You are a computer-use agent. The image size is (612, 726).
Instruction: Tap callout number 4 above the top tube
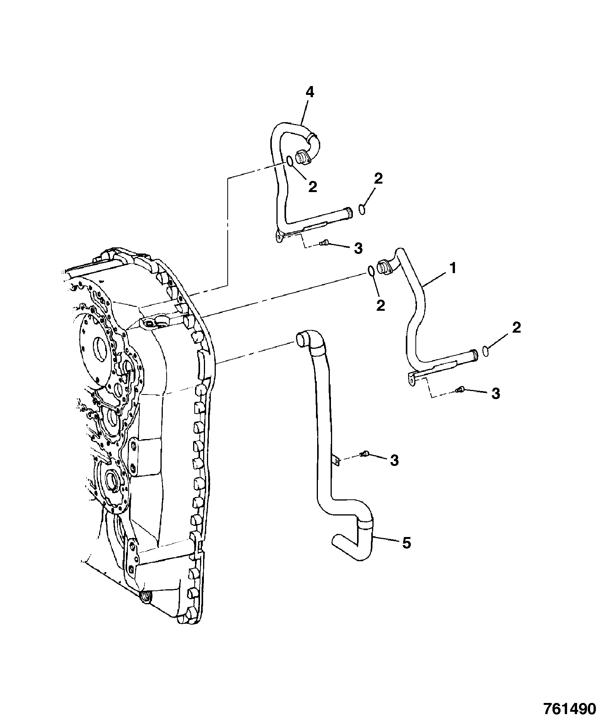pos(309,93)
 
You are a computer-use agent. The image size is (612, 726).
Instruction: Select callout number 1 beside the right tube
pos(453,268)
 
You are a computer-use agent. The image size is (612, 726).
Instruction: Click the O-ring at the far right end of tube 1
pos(485,351)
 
